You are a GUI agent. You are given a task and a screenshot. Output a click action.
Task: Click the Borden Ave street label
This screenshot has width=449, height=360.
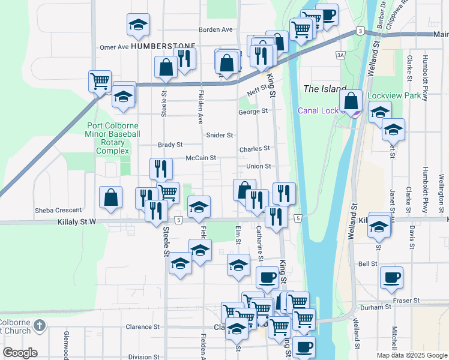pyautogui.click(x=216, y=29)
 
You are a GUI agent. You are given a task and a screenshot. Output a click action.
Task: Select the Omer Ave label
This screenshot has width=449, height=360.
pyautogui.click(x=114, y=47)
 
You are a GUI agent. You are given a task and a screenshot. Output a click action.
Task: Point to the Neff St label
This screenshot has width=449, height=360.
pyautogui.click(x=256, y=93)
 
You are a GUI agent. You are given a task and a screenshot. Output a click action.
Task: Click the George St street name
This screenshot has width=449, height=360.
pyautogui.click(x=252, y=112)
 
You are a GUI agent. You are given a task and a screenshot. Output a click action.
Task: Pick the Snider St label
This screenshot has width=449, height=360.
pyautogui.click(x=219, y=136)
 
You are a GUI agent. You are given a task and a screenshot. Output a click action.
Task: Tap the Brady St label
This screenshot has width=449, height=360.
pyautogui.click(x=170, y=145)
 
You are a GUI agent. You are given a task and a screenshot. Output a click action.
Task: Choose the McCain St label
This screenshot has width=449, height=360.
pyautogui.click(x=200, y=158)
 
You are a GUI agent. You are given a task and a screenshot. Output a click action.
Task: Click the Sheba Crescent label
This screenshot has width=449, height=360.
pyautogui.click(x=58, y=210)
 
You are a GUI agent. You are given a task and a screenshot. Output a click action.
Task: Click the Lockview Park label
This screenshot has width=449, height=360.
pyautogui.click(x=394, y=95)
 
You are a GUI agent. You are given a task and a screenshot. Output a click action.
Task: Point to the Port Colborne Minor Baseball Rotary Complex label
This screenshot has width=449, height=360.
pyautogui.click(x=113, y=139)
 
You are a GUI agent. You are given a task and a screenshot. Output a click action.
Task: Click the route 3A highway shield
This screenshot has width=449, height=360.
pyautogui.click(x=341, y=56)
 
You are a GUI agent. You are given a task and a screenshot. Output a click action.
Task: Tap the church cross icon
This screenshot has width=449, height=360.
pyautogui.click(x=40, y=325)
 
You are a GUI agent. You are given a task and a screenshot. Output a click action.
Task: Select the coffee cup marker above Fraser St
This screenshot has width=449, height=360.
pyautogui.click(x=391, y=277)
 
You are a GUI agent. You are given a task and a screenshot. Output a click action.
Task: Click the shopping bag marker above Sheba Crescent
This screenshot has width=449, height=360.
pyautogui.click(x=111, y=197)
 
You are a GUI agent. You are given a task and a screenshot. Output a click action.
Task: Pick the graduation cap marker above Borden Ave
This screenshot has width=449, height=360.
pyautogui.click(x=138, y=25)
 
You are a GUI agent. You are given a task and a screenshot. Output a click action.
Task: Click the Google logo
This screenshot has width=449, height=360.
pyautogui.click(x=20, y=353)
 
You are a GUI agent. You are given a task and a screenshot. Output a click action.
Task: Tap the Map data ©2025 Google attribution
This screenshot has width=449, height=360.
pyautogui.click(x=411, y=355)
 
